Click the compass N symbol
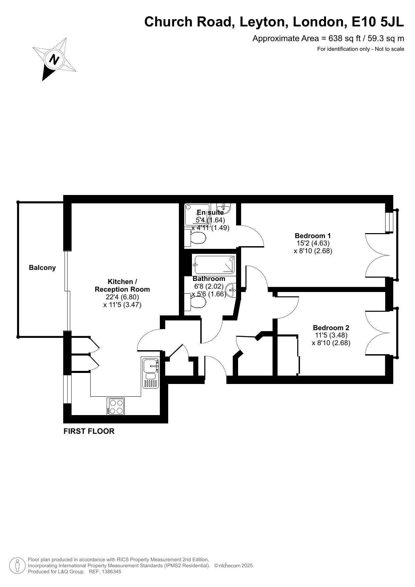pos(54,59)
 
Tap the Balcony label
pos(42,268)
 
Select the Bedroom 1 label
pos(313,235)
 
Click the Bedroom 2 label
pos(331,328)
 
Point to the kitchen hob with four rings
pos(116,406)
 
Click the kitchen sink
pos(151,373)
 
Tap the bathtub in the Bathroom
pos(214,265)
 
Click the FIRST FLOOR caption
pos(89,431)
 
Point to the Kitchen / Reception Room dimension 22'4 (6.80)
pos(122,297)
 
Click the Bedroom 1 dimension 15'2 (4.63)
pos(313,243)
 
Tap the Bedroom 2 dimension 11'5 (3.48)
pos(331,335)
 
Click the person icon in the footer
pos(17,566)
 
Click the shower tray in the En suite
pos(197,214)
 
